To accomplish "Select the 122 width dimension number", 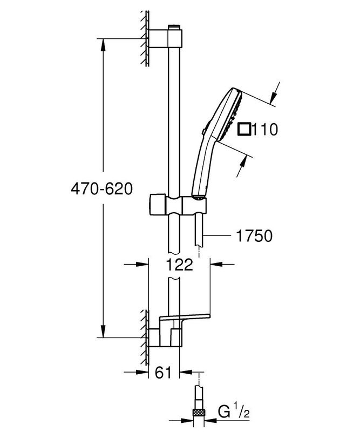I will (x=179, y=265).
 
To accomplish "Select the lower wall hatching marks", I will (x=145, y=335).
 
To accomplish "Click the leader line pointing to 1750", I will (x=219, y=236).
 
